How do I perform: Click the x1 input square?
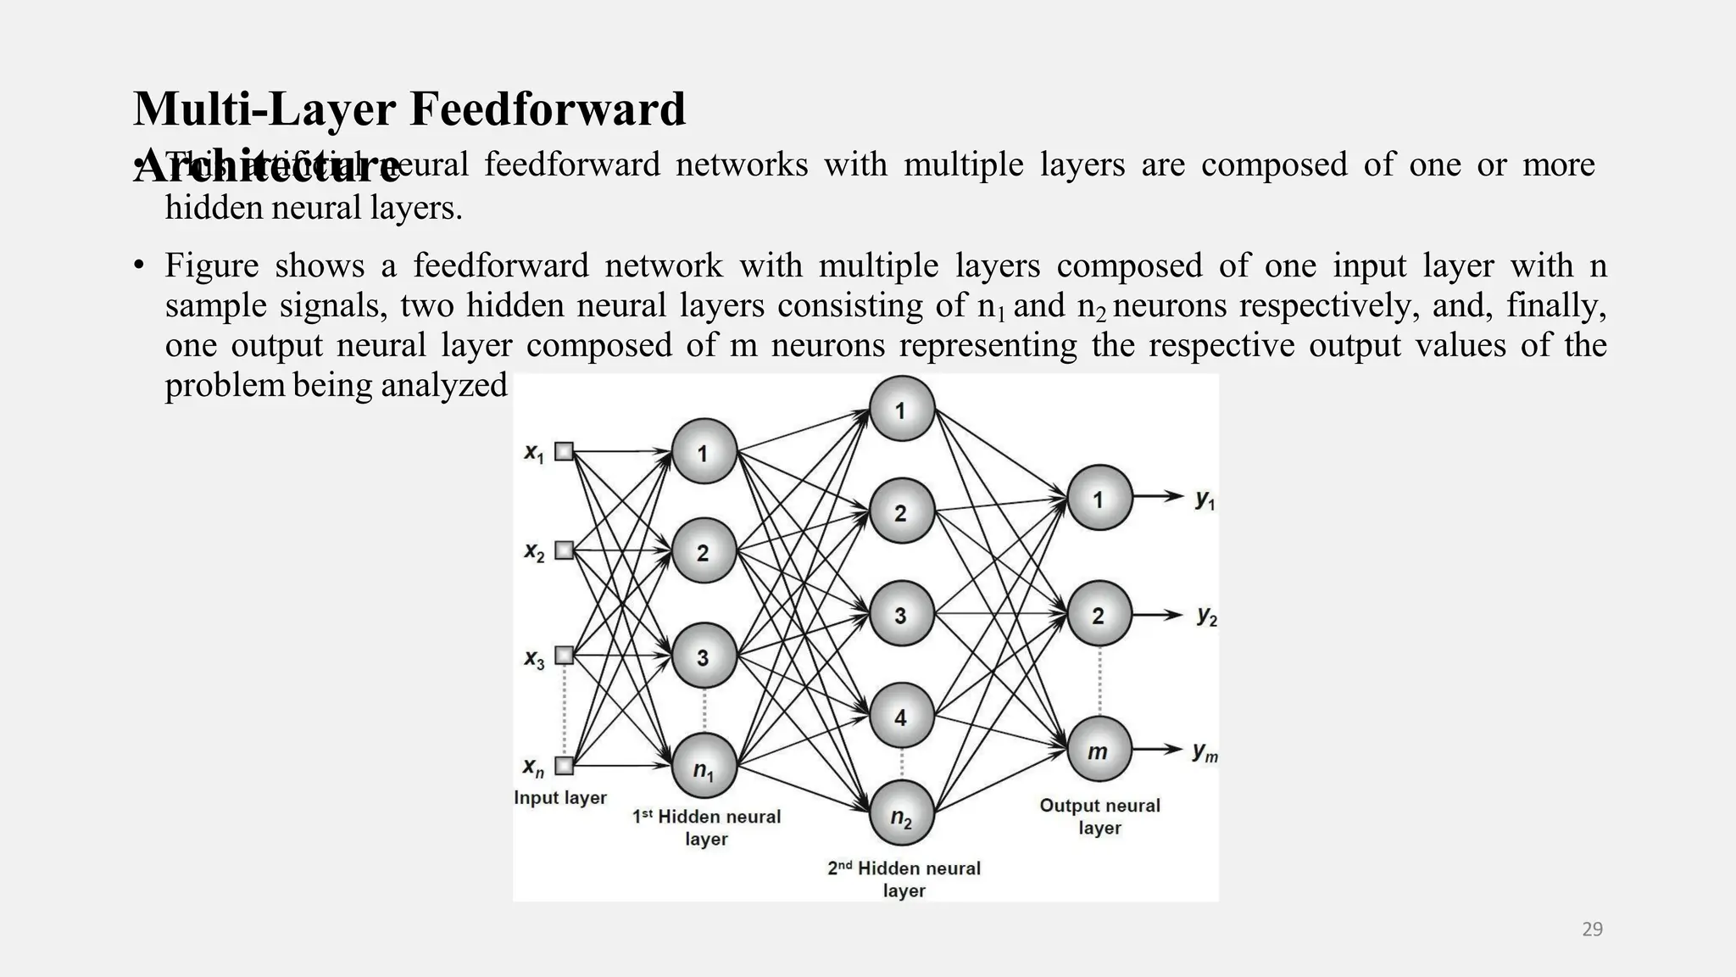click(x=564, y=452)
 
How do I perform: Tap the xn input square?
click(x=564, y=766)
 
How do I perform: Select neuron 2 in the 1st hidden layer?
click(x=704, y=551)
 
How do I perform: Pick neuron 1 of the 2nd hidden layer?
click(x=901, y=410)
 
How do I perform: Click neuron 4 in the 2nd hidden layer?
click(x=901, y=717)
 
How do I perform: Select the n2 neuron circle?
click(x=901, y=814)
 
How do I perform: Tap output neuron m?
click(x=1099, y=750)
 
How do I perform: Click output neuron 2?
click(x=1099, y=615)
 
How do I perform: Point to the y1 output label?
click(x=1205, y=500)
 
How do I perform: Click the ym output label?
click(x=1205, y=751)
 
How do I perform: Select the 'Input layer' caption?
click(x=560, y=798)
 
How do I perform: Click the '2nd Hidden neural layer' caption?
click(x=904, y=879)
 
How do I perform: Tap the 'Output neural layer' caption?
click(x=1099, y=816)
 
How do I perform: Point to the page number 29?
click(x=1592, y=930)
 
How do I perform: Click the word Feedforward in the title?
click(x=548, y=109)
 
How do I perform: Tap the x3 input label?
click(x=534, y=659)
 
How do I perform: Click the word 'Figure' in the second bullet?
click(x=211, y=265)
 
